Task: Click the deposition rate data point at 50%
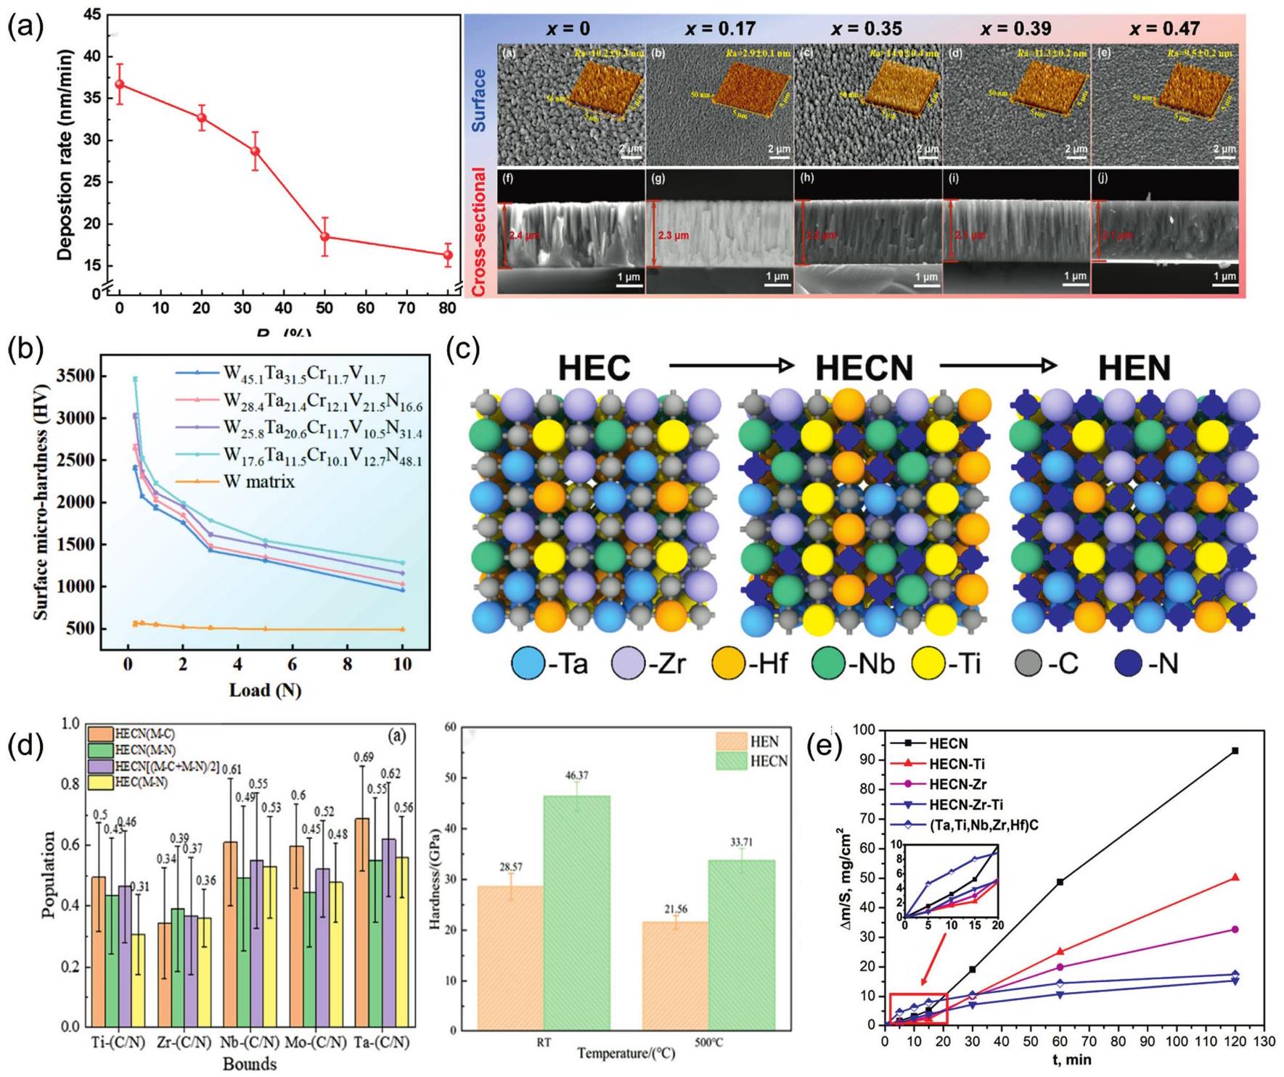325,236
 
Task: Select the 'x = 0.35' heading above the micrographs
867,29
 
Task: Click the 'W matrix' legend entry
261,481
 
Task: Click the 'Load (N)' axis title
265,690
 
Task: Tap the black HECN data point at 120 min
1235,751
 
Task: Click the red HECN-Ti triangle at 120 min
1235,878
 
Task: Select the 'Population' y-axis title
49,874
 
